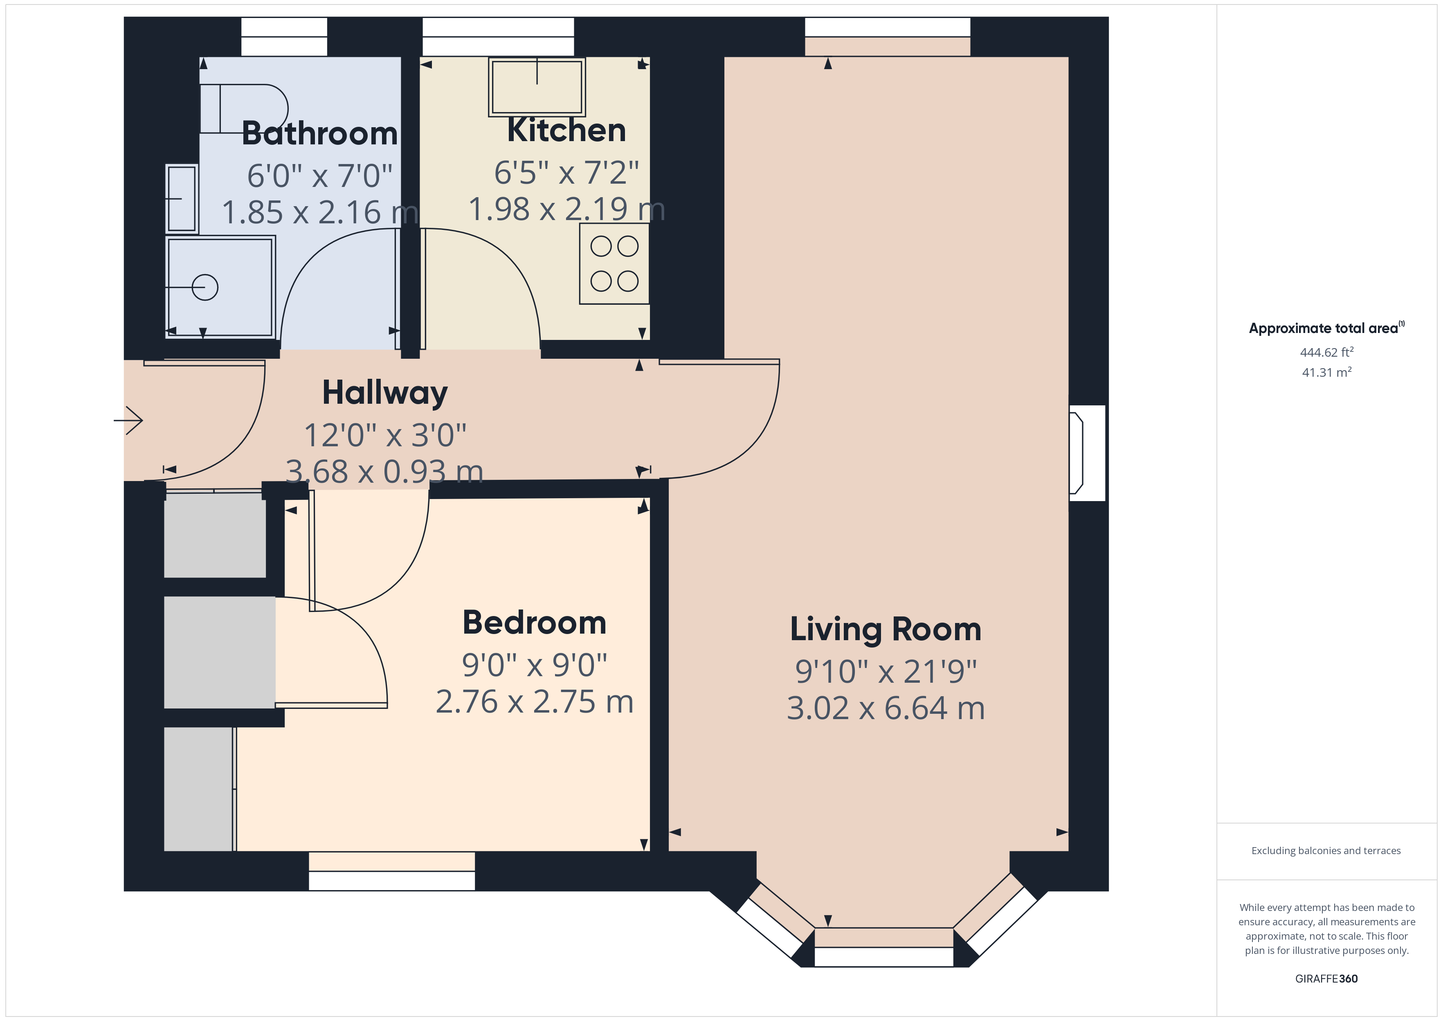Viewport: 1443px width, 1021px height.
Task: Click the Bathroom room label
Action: (319, 133)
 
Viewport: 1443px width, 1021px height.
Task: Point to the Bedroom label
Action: (534, 623)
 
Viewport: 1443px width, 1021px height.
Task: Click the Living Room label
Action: (885, 629)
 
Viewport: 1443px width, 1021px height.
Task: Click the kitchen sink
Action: (537, 87)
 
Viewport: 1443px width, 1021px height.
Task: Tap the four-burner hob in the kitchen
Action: (614, 264)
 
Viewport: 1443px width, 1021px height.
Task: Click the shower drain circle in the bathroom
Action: (205, 287)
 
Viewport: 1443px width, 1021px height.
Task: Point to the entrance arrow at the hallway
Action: (129, 420)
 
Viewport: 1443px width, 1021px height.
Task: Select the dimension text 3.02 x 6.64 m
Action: (885, 708)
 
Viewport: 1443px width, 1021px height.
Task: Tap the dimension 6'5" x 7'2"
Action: (566, 172)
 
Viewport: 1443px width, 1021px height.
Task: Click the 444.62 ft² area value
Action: (1326, 352)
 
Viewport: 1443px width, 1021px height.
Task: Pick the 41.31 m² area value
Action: (1326, 372)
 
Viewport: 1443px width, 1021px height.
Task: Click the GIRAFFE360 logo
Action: (1326, 978)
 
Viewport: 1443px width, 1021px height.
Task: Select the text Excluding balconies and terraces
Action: (1326, 850)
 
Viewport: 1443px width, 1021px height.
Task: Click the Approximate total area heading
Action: (1325, 328)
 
